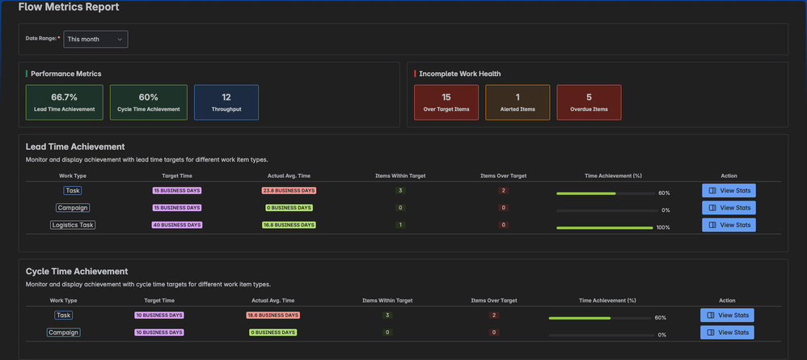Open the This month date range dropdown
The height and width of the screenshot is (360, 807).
tap(95, 39)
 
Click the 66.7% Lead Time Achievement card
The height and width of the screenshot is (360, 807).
tap(65, 103)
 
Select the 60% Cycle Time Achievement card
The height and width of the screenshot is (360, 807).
tap(149, 103)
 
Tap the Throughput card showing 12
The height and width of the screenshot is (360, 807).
tap(226, 103)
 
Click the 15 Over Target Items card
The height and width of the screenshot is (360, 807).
tap(446, 103)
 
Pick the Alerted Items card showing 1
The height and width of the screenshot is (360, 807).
tap(518, 103)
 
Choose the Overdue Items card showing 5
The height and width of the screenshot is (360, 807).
tap(589, 103)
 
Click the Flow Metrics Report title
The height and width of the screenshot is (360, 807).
tap(69, 7)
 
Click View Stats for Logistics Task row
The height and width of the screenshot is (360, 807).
tap(729, 225)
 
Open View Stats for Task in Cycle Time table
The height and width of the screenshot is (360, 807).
tap(728, 315)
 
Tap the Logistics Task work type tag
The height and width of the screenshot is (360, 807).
tap(73, 225)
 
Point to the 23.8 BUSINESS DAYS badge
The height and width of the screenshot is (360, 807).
tap(289, 191)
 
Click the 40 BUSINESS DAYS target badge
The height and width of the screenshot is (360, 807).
tap(177, 225)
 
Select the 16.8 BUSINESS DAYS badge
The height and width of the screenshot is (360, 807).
tap(289, 225)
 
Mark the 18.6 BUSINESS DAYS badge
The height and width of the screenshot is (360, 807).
tap(273, 315)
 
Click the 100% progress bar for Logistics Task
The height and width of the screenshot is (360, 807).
tap(605, 228)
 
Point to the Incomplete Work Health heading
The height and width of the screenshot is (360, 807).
tap(459, 74)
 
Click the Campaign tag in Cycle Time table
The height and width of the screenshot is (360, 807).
tap(63, 332)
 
